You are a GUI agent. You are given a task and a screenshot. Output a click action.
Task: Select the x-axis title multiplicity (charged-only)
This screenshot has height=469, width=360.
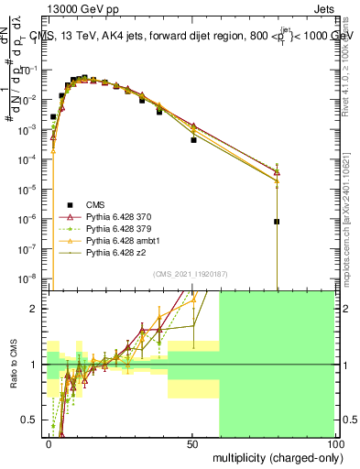(x=273, y=457)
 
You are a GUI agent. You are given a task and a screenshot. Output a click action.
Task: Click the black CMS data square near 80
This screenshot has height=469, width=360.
(x=277, y=222)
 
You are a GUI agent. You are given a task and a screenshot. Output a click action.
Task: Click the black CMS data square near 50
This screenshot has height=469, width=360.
(x=193, y=140)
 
